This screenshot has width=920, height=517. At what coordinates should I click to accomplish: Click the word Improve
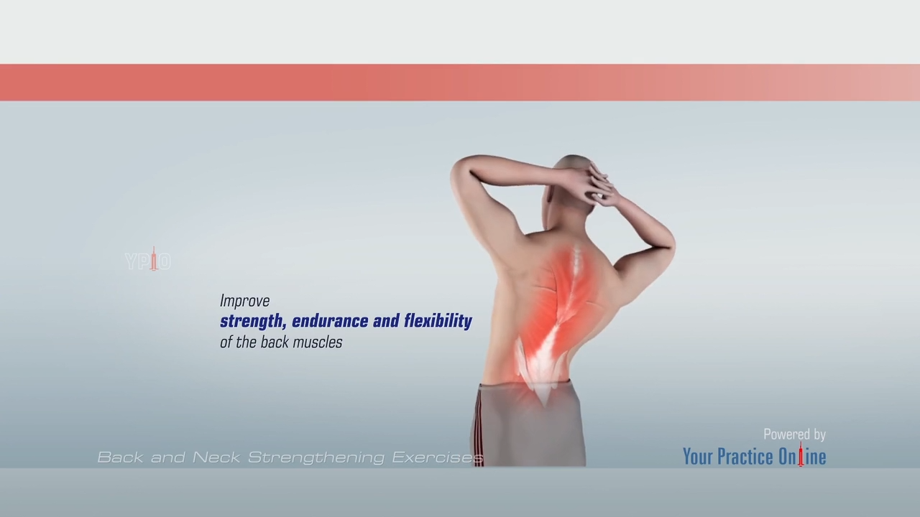pos(245,301)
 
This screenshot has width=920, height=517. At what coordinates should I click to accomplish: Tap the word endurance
pos(330,321)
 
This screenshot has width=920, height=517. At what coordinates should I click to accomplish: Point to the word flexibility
pos(438,321)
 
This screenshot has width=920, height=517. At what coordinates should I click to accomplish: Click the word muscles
pos(322,343)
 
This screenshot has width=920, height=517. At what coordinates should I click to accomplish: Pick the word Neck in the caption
pos(216,457)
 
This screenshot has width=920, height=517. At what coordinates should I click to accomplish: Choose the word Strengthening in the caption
pos(316,457)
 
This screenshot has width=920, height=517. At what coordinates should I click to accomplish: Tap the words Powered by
pos(794,434)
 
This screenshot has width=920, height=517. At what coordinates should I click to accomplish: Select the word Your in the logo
pos(697,457)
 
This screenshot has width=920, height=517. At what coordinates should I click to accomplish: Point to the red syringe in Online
pos(801,455)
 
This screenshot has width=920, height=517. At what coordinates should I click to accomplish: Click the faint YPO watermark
pos(148,260)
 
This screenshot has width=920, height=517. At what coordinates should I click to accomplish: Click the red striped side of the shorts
pos(479,427)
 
